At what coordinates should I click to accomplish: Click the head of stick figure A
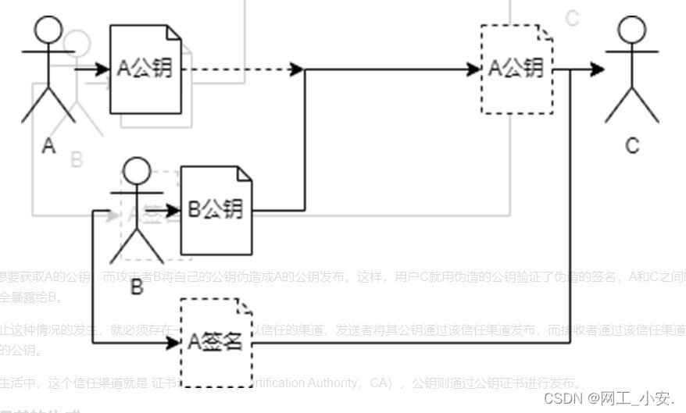48,29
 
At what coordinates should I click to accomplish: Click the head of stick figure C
632,30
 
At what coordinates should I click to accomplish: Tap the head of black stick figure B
138,171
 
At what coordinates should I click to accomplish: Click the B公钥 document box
216,209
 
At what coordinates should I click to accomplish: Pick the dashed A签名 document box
216,342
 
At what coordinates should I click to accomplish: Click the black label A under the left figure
48,146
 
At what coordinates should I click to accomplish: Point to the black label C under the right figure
632,145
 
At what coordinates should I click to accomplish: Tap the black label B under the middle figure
137,287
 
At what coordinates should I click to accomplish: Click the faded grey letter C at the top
572,18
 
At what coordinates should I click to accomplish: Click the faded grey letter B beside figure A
77,160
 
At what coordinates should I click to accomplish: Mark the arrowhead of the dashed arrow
297,69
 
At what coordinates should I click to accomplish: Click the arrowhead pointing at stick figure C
598,69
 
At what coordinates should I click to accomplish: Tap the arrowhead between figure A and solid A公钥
102,69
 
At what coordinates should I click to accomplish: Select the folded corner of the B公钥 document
245,173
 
